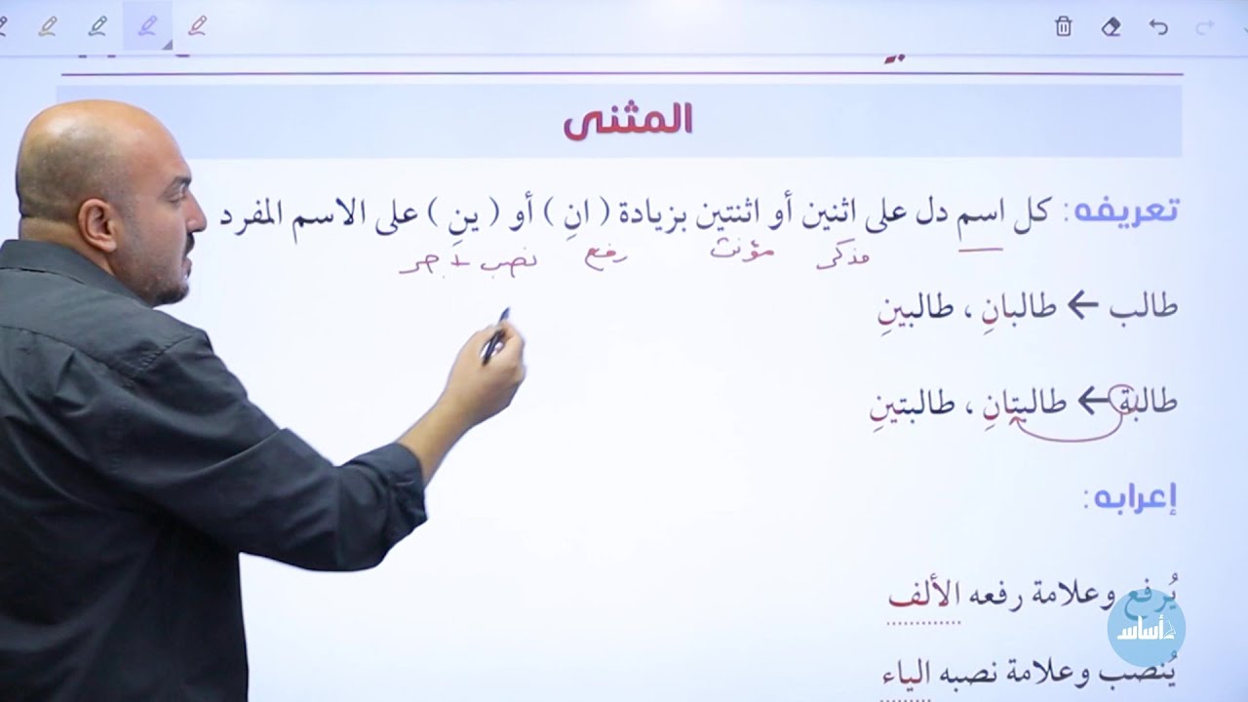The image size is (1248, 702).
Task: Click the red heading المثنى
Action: click(x=628, y=120)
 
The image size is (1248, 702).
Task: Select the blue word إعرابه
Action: click(x=1132, y=498)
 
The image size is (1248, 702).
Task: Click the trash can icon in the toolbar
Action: click(x=1063, y=27)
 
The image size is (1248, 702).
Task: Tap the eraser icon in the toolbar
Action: click(x=1111, y=27)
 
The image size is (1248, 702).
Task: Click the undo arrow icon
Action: click(x=1158, y=27)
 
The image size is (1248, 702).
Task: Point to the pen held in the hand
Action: click(x=495, y=335)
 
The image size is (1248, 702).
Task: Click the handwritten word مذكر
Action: click(x=842, y=257)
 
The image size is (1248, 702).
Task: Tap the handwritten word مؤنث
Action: click(x=742, y=251)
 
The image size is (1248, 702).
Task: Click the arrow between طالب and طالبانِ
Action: click(x=1082, y=306)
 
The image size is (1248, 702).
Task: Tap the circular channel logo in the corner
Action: click(x=1147, y=628)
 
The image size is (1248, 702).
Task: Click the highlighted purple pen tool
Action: click(x=147, y=26)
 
